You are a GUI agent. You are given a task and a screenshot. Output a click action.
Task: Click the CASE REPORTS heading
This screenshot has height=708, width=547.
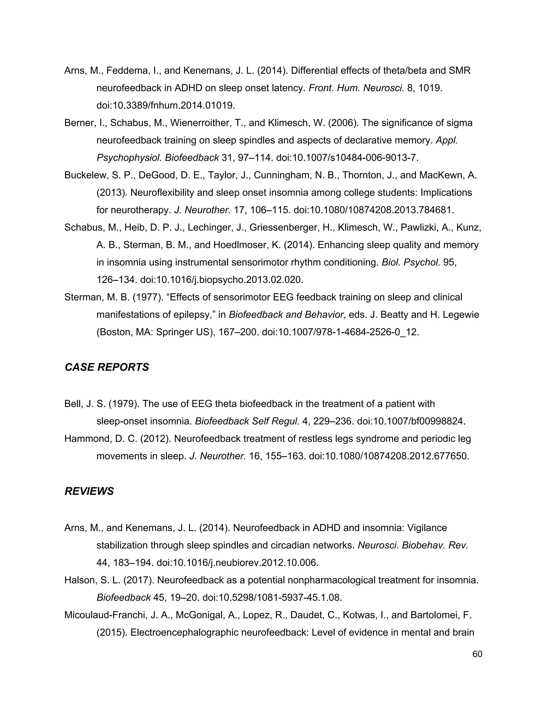[x=107, y=367]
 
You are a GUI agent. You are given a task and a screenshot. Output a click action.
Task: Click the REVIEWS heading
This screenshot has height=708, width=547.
[x=89, y=491]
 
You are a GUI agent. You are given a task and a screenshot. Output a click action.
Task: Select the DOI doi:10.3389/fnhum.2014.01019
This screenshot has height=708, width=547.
[x=166, y=105]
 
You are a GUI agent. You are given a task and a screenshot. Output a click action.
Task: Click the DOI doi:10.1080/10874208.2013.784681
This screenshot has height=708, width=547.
[x=374, y=210]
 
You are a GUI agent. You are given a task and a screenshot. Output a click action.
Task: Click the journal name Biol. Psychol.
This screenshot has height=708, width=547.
[x=411, y=262]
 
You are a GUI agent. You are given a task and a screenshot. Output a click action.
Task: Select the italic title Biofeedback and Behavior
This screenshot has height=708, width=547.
[x=286, y=315]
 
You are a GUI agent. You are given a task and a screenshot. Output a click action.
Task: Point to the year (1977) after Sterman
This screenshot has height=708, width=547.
[x=148, y=297]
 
